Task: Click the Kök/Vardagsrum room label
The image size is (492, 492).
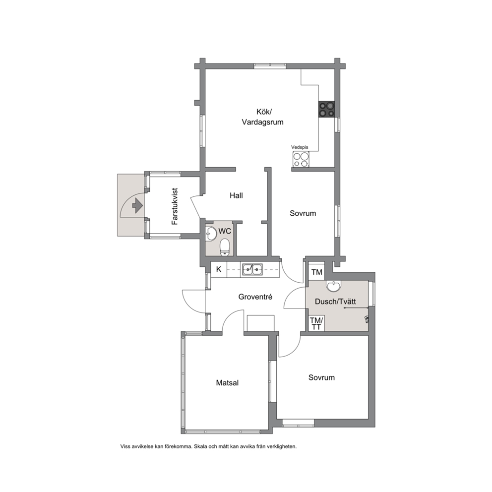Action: click(x=262, y=117)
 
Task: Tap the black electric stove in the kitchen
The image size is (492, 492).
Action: click(x=327, y=109)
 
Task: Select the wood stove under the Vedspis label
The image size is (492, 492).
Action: click(x=301, y=159)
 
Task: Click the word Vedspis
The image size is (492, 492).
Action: click(x=300, y=147)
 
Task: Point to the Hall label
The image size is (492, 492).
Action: click(x=236, y=195)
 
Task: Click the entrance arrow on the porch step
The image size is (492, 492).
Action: click(x=137, y=205)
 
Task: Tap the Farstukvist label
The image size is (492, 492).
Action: click(x=175, y=206)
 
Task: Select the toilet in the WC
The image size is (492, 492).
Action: click(x=225, y=247)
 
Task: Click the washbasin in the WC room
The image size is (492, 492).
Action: click(x=211, y=234)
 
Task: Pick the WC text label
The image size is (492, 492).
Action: click(x=225, y=231)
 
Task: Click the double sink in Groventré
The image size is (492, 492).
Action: click(x=252, y=269)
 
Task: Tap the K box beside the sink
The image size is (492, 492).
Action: click(x=219, y=269)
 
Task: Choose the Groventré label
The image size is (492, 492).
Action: click(x=255, y=297)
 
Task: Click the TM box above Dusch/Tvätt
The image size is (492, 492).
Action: click(x=316, y=272)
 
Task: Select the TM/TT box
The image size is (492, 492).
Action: click(x=316, y=323)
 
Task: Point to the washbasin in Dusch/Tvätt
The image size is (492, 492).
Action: click(x=333, y=286)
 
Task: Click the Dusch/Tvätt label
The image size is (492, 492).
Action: click(x=335, y=302)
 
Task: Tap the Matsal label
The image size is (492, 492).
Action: click(x=227, y=383)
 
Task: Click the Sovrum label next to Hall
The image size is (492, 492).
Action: click(x=303, y=213)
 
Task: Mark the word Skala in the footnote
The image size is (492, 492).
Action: click(x=200, y=446)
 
